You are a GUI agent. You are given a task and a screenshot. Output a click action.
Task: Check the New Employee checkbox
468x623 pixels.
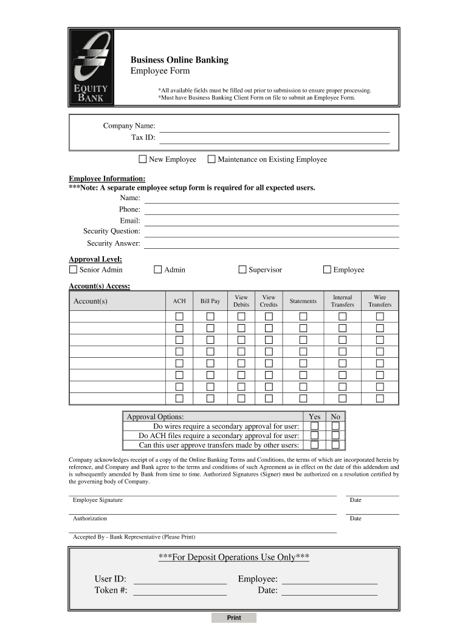pyautogui.click(x=143, y=159)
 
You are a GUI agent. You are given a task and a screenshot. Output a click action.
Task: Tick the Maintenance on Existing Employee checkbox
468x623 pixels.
pyautogui.click(x=212, y=159)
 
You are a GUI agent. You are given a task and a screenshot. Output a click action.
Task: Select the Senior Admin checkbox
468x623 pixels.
pyautogui.click(x=73, y=270)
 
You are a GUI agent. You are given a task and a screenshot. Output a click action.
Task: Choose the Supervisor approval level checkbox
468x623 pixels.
pyautogui.click(x=243, y=270)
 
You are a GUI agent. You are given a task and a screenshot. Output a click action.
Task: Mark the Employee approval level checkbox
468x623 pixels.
pyautogui.click(x=327, y=270)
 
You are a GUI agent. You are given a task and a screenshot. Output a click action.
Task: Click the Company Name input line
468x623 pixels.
pyautogui.click(x=274, y=127)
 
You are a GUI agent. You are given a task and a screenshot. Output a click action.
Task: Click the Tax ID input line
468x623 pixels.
pyautogui.click(x=274, y=139)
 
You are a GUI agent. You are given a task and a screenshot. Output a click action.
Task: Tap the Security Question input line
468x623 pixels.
pyautogui.click(x=271, y=232)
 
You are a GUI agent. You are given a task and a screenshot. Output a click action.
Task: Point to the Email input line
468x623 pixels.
pyautogui.click(x=271, y=221)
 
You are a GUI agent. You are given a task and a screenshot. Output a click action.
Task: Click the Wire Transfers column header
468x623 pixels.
pyautogui.click(x=380, y=301)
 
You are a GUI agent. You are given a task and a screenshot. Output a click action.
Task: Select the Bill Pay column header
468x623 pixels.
pyautogui.click(x=210, y=301)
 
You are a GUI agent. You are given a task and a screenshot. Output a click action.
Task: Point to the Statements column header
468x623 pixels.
pyautogui.click(x=303, y=301)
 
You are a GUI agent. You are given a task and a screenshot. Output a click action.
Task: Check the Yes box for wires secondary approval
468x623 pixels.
pyautogui.click(x=314, y=426)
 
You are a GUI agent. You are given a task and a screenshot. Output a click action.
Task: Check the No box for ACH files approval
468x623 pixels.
pyautogui.click(x=335, y=435)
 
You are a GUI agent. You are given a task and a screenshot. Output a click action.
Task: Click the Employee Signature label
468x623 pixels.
pyautogui.click(x=98, y=500)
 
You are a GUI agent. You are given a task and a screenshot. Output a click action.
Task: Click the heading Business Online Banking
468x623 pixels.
pyautogui.click(x=180, y=60)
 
